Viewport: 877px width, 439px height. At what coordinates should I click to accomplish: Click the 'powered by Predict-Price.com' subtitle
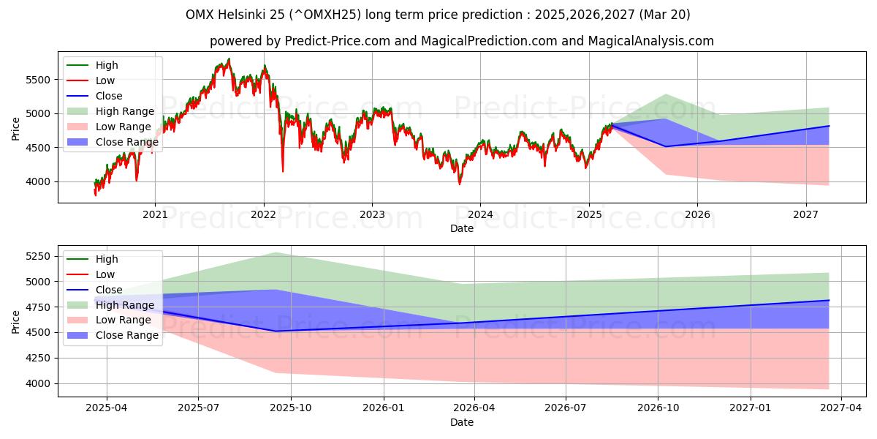(x=461, y=41)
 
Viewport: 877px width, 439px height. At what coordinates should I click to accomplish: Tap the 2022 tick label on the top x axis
(x=263, y=214)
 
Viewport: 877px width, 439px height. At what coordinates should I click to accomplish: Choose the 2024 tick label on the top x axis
(x=480, y=214)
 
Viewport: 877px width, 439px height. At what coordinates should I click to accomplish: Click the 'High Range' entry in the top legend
(x=126, y=111)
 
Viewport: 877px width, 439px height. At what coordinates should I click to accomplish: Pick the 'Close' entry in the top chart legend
(x=109, y=96)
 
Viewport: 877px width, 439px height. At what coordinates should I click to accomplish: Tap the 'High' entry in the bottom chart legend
(x=107, y=259)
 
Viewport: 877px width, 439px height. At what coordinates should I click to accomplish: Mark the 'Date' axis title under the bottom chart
(x=461, y=422)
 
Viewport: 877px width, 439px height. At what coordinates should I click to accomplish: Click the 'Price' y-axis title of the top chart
(x=16, y=130)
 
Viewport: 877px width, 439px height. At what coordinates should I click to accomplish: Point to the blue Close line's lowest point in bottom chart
(x=276, y=331)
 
